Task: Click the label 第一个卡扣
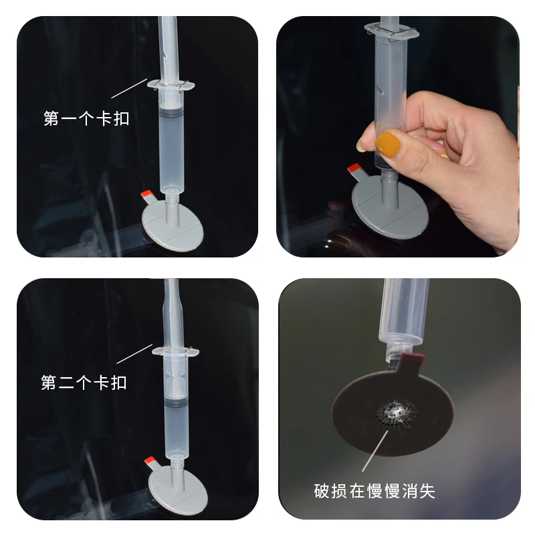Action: point(86,120)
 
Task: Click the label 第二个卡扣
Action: point(84,383)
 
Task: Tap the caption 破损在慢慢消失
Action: point(374,492)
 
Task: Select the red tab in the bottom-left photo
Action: point(151,461)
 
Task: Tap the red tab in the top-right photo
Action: point(354,170)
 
